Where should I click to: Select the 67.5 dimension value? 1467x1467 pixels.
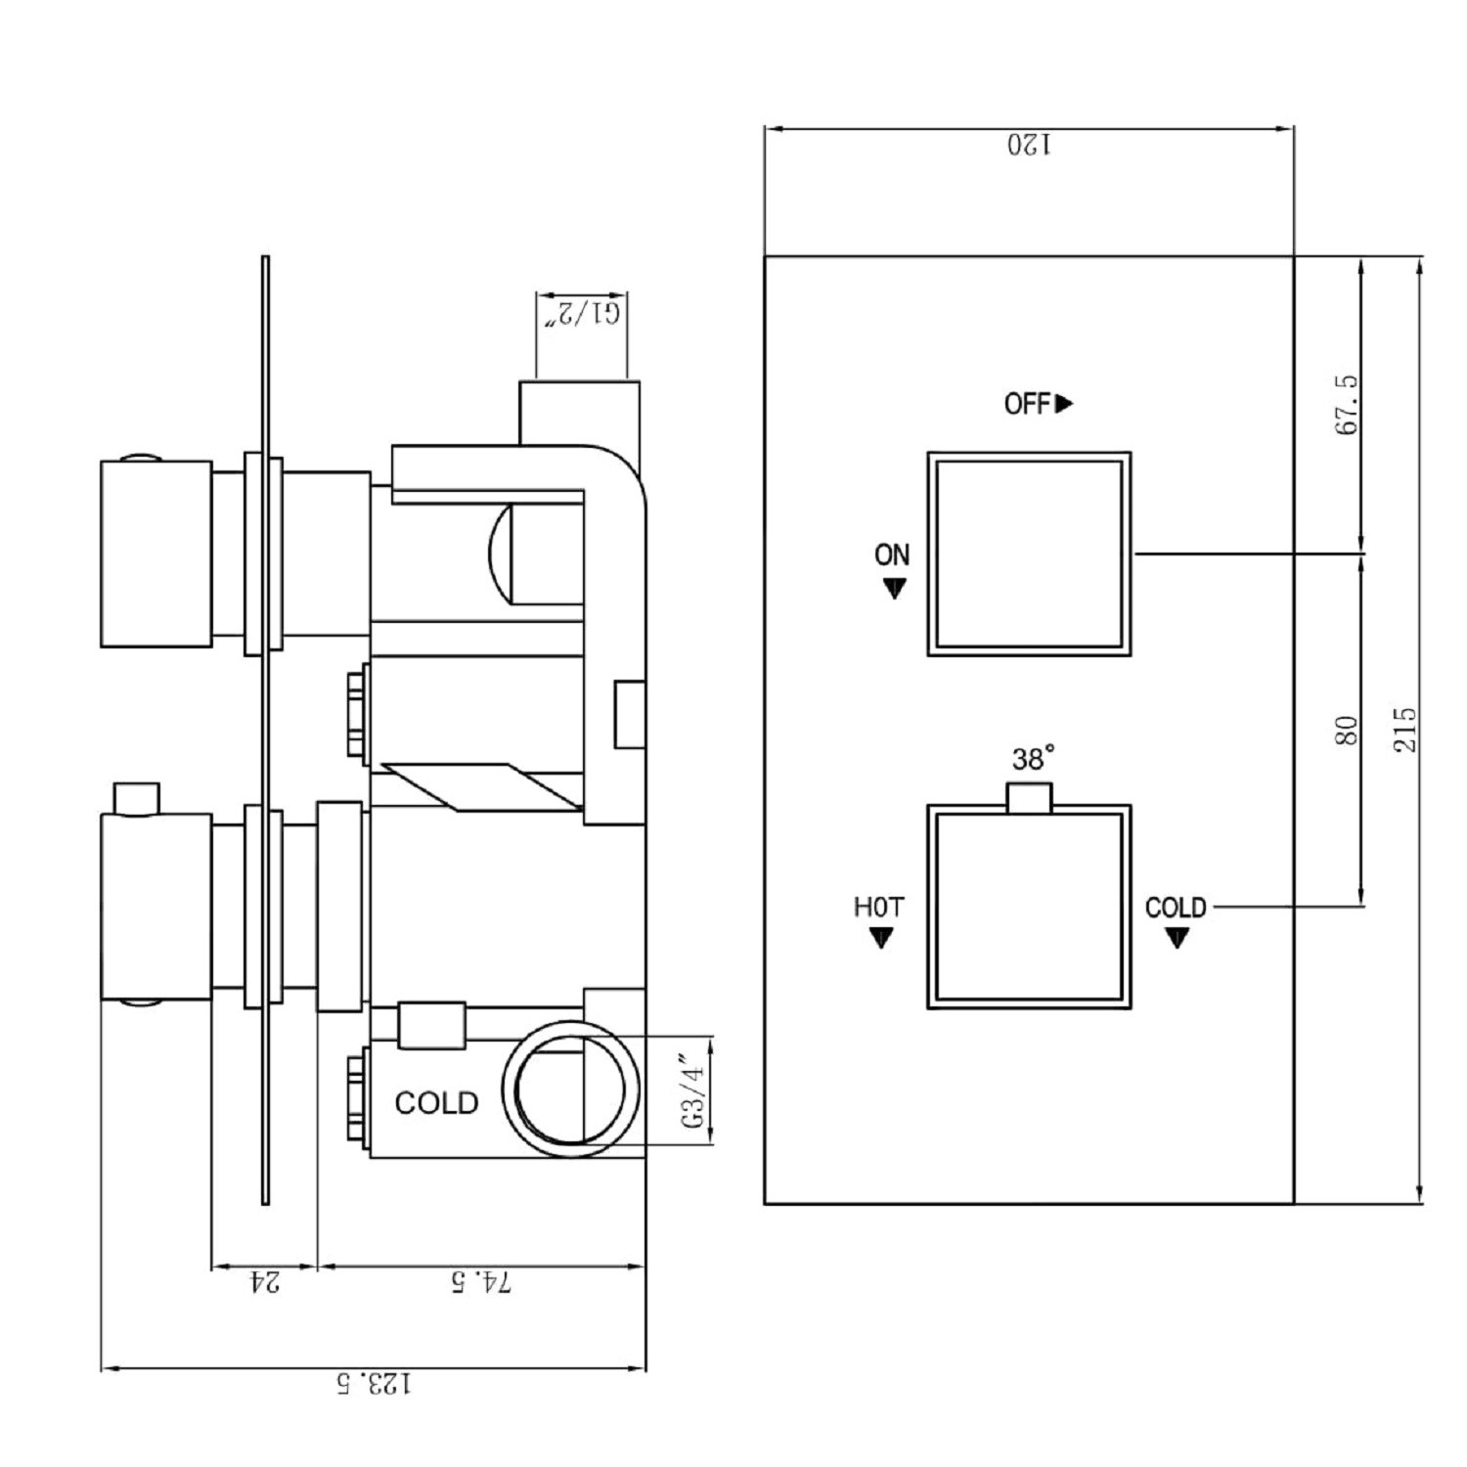tap(1347, 404)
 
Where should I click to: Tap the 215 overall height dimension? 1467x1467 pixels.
tap(1404, 730)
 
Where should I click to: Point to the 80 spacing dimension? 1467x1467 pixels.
tap(1347, 731)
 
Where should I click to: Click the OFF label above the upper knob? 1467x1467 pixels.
tap(1027, 403)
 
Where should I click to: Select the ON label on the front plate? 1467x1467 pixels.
tap(891, 556)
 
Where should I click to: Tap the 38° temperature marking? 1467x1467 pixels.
tap(1033, 758)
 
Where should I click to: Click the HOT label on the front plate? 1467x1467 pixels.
tap(878, 908)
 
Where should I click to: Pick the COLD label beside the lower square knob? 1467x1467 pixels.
tap(1176, 908)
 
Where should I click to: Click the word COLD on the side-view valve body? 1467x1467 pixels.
tap(436, 1103)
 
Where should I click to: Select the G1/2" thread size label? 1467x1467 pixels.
tap(582, 314)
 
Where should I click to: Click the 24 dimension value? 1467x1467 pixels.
tap(264, 1282)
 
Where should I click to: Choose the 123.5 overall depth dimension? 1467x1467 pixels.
tap(374, 1384)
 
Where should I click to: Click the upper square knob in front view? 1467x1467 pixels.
tap(1029, 554)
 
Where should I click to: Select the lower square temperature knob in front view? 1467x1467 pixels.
tap(1029, 907)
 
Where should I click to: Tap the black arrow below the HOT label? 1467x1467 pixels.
tap(880, 938)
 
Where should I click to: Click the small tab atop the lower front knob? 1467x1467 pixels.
tap(1029, 797)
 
